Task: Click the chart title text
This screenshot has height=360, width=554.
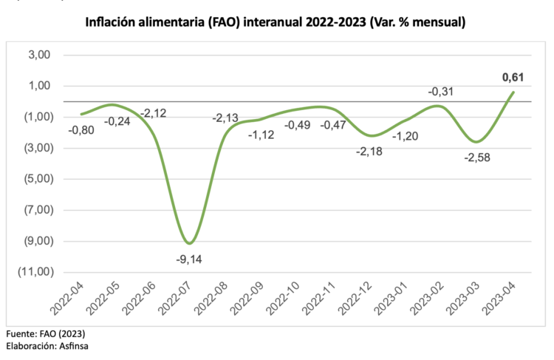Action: coord(276,23)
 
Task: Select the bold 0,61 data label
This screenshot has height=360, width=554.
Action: coord(513,77)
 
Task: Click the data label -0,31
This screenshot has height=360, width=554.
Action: coord(442,92)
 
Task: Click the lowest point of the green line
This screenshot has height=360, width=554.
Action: coord(191,243)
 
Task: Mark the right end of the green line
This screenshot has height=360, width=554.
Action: coord(513,92)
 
